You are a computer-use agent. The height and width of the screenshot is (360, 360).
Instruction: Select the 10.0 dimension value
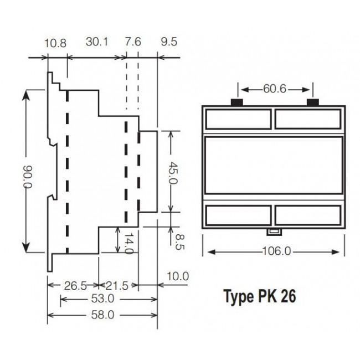(177, 275)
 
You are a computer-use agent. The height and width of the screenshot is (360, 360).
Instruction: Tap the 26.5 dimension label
(75, 286)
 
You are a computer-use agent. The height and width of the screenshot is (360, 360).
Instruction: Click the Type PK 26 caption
(259, 296)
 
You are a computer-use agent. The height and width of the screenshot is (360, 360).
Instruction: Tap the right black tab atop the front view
(313, 102)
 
